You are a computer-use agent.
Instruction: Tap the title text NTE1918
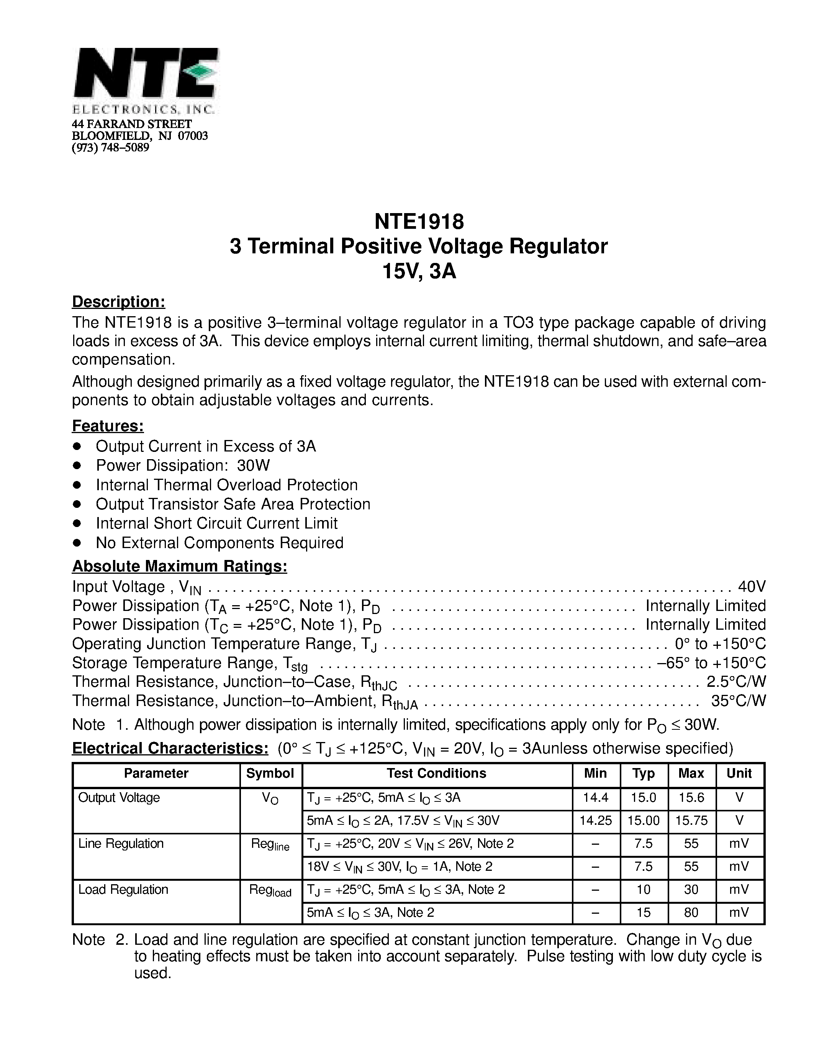click(x=419, y=222)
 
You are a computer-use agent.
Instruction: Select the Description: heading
click(x=119, y=302)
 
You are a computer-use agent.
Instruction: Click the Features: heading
click(x=108, y=426)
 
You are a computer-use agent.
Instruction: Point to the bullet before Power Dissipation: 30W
click(x=77, y=466)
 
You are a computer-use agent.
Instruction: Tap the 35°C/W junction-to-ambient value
click(x=738, y=700)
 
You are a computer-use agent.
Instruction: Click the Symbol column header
click(x=270, y=773)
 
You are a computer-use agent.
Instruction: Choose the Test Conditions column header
click(x=436, y=773)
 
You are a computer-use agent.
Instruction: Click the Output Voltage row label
click(x=119, y=797)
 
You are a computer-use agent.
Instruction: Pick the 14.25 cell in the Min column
click(x=596, y=821)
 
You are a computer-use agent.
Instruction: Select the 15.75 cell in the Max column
click(x=691, y=821)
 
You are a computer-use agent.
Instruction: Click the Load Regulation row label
click(x=123, y=890)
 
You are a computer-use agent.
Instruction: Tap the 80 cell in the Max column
click(x=691, y=912)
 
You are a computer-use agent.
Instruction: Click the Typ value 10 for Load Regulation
click(x=643, y=890)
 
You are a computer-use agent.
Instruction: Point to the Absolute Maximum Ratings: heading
click(x=179, y=566)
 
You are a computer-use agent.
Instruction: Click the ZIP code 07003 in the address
click(x=193, y=136)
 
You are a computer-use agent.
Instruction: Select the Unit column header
click(x=739, y=773)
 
